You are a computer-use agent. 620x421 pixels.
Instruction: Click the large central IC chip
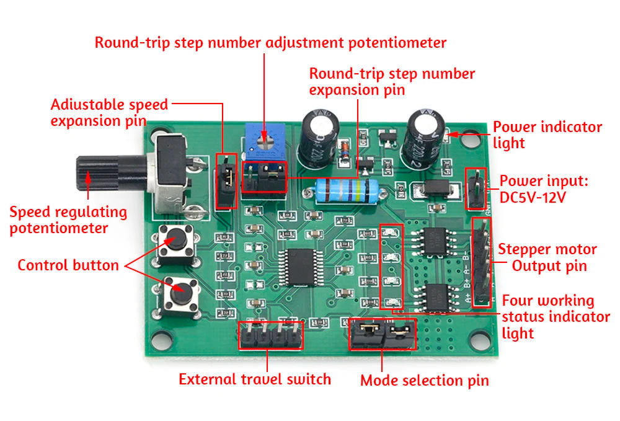299,267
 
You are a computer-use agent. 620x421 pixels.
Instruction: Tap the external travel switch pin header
271,335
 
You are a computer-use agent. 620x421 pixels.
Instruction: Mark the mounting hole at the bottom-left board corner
159,340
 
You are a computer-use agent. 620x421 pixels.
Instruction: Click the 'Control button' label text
68,265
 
